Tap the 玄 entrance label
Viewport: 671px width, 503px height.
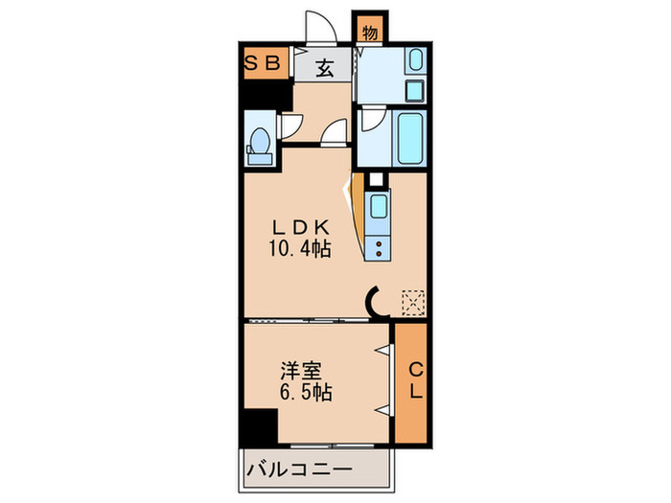pos(325,67)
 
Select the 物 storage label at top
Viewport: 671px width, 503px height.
pos(370,32)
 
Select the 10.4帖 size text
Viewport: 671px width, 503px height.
pos(301,249)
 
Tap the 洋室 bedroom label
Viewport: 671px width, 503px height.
pos(300,369)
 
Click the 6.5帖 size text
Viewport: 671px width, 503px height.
pos(305,391)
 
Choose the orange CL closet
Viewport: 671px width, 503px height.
pos(411,382)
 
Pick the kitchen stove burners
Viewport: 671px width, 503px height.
pos(379,248)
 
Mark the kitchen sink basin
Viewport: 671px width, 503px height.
pos(378,206)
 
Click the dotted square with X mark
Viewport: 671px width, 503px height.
pos(413,302)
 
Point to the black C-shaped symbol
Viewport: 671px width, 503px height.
pos(376,304)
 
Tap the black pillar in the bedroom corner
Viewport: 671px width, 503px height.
pos(259,424)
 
